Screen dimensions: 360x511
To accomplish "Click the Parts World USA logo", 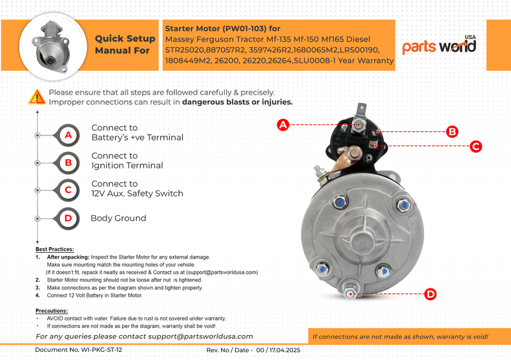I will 439,45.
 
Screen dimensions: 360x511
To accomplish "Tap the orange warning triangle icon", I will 37,97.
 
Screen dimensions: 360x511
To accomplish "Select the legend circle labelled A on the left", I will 68,135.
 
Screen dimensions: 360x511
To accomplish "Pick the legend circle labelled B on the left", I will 68,163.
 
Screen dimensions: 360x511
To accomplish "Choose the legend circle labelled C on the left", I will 68,190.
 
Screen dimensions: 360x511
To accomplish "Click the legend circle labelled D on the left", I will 68,218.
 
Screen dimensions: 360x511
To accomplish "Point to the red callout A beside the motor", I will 283,125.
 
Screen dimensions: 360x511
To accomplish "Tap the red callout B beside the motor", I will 452,131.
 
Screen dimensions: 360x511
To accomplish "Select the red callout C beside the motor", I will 475,146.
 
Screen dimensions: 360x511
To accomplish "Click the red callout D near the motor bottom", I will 431,294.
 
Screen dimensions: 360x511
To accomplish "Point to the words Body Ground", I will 118,218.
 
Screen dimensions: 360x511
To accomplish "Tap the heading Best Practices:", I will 55,249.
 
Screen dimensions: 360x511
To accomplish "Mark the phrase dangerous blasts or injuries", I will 238,102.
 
